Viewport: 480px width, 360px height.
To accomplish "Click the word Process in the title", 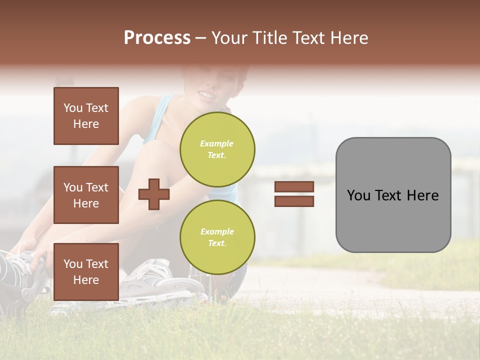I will click(157, 38).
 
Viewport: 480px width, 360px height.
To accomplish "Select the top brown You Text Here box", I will click(86, 116).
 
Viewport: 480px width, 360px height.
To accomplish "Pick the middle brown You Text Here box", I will click(86, 195).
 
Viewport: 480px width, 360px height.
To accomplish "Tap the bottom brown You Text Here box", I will click(86, 271).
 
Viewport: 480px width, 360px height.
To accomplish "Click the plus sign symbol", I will click(154, 194).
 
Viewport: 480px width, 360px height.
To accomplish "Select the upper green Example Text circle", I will click(217, 149).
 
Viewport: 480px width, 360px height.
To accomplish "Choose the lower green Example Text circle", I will click(217, 237).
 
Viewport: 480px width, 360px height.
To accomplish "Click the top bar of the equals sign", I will click(294, 187).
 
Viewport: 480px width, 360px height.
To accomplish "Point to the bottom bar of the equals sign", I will click(294, 201).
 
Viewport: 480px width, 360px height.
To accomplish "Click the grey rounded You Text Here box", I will click(393, 195).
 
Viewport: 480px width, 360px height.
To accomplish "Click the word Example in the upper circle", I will click(217, 143).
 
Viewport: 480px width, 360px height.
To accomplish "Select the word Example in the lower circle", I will click(217, 231).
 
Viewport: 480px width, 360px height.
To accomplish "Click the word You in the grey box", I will click(358, 195).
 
